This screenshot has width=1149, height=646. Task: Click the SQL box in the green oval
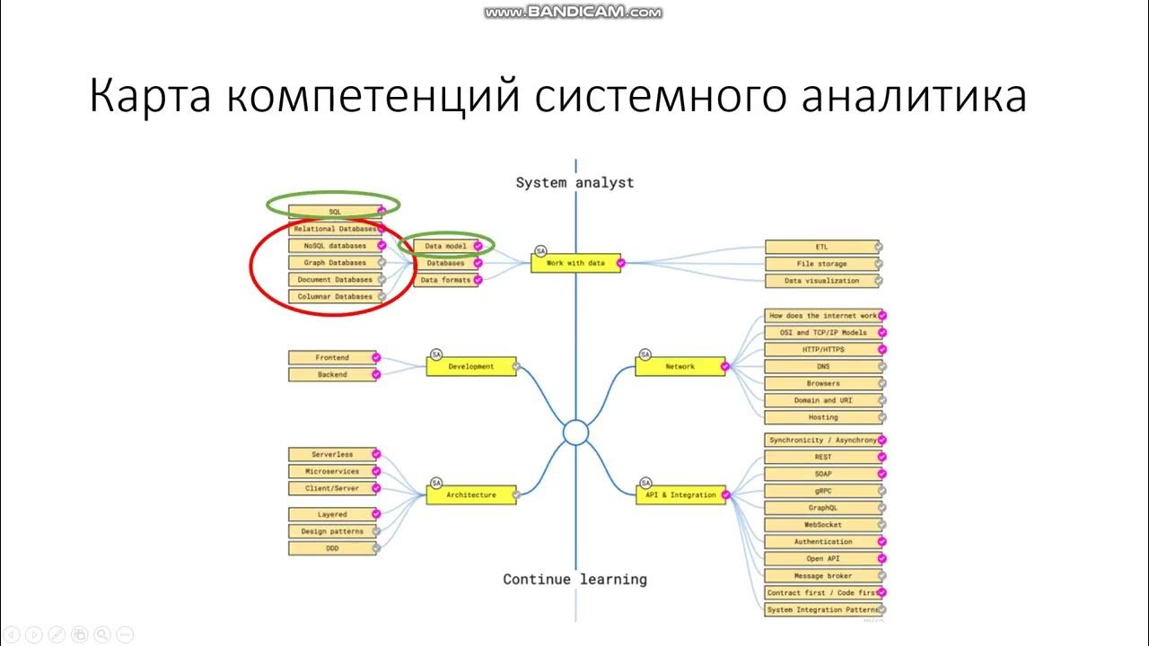click(x=335, y=212)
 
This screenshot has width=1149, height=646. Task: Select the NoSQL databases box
click(x=334, y=246)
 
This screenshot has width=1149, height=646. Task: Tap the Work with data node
click(x=575, y=263)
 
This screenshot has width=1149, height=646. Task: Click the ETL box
click(x=822, y=247)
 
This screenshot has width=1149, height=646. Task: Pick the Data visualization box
click(x=822, y=281)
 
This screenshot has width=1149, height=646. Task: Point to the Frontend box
click(x=332, y=358)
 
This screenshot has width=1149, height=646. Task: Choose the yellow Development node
click(x=471, y=367)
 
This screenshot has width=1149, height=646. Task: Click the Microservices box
click(x=332, y=472)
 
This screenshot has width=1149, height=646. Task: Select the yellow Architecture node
click(x=471, y=495)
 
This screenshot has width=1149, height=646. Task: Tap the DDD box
click(x=332, y=548)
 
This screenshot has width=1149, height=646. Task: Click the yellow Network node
click(x=680, y=367)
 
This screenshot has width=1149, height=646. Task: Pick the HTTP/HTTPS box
click(x=822, y=350)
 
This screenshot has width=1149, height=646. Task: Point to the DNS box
click(x=822, y=367)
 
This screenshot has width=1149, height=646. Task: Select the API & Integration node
click(x=681, y=495)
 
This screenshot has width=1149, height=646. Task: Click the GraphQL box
click(x=822, y=508)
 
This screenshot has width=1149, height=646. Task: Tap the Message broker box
click(x=822, y=576)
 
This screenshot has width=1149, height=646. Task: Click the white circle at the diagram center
click(x=575, y=433)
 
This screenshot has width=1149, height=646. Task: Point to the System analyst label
click(x=574, y=183)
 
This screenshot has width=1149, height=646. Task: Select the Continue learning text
click(x=574, y=580)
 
